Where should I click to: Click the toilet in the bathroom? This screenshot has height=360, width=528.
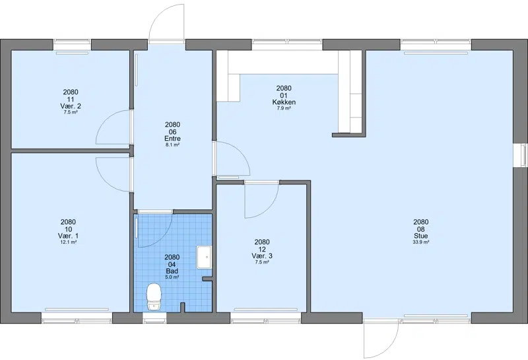(154, 297)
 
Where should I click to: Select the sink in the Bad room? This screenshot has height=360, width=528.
(204, 257)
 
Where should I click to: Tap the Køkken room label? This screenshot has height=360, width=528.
(284, 102)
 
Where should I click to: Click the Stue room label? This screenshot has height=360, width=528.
(421, 236)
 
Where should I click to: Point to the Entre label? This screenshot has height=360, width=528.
(172, 139)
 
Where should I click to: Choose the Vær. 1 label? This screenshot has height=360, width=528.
(68, 236)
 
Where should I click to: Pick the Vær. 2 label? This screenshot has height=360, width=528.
(71, 106)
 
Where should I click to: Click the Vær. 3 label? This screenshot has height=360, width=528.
(262, 256)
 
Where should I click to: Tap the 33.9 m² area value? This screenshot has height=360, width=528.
(421, 242)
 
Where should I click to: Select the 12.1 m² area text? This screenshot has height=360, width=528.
(68, 242)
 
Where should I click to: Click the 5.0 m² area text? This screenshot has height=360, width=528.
(172, 277)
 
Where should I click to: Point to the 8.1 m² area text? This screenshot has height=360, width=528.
(172, 145)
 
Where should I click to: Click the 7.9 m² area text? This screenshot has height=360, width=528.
(284, 108)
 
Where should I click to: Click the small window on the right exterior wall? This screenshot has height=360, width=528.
(523, 155)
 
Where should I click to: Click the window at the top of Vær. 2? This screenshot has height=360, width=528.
(72, 42)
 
